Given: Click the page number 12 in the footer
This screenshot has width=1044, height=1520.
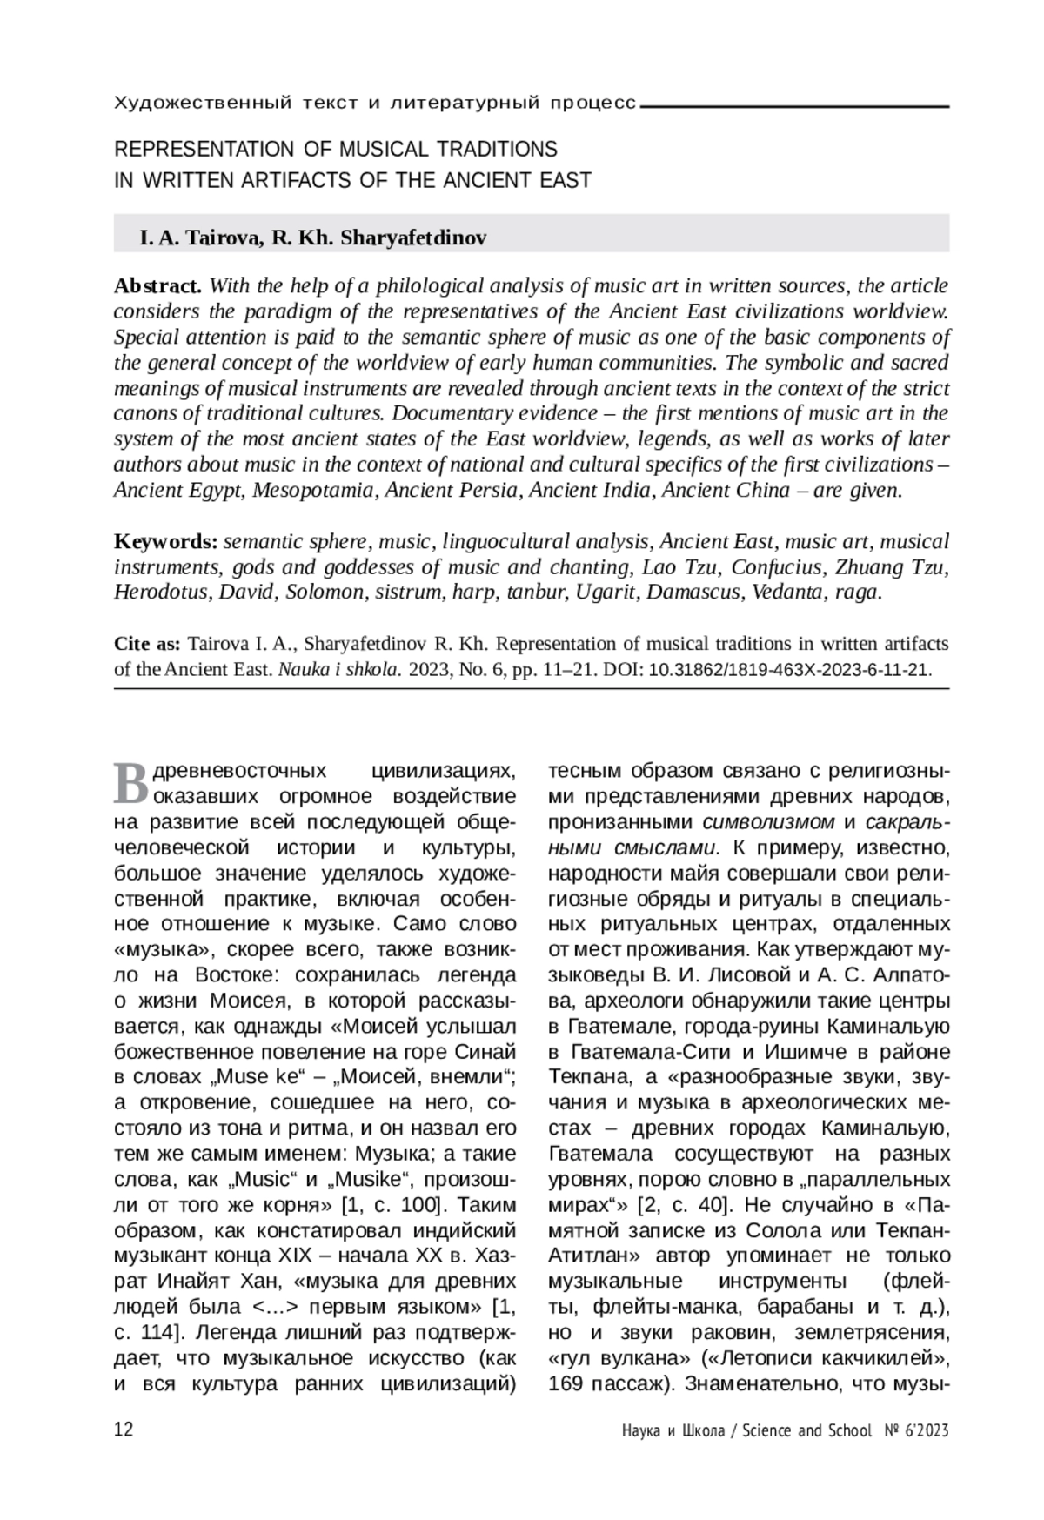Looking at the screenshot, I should [x=124, y=1430].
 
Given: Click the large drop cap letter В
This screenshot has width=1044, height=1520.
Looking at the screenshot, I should [x=131, y=782].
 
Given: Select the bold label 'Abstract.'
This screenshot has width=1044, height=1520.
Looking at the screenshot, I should [x=158, y=286].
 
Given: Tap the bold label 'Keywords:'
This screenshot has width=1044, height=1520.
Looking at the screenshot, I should [x=166, y=542].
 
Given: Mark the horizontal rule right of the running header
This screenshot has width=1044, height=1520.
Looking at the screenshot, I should [x=793, y=106].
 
